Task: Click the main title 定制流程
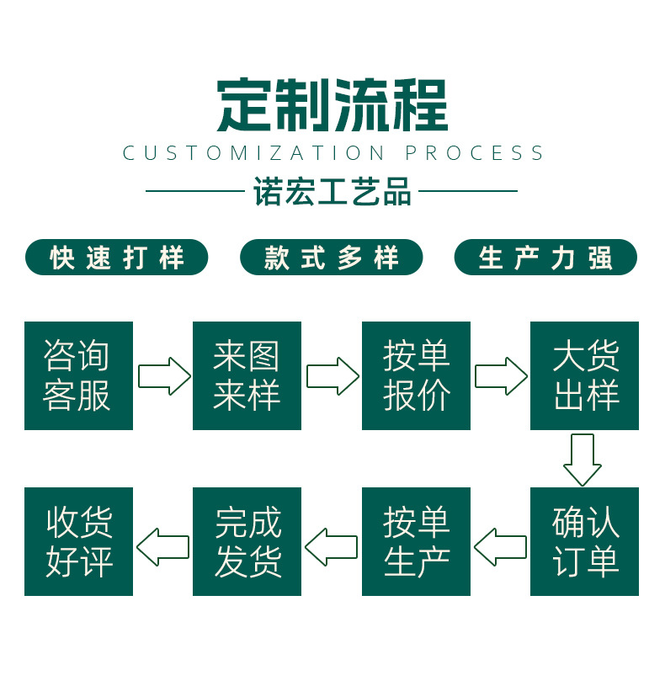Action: point(332,105)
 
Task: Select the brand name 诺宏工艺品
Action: point(332,192)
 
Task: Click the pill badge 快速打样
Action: point(116,258)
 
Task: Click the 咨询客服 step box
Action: point(78,375)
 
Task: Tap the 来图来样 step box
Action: point(247,375)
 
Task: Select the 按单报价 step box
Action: point(416,375)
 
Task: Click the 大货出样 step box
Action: point(584,375)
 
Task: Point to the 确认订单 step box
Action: point(584,541)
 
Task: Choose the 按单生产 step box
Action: point(416,541)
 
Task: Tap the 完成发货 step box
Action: point(247,541)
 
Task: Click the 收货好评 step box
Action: point(78,541)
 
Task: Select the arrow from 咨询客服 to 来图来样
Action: point(163,376)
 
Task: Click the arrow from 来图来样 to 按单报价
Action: point(332,376)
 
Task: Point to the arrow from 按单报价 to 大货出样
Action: point(501,376)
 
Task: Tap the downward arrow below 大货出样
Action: point(583,459)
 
